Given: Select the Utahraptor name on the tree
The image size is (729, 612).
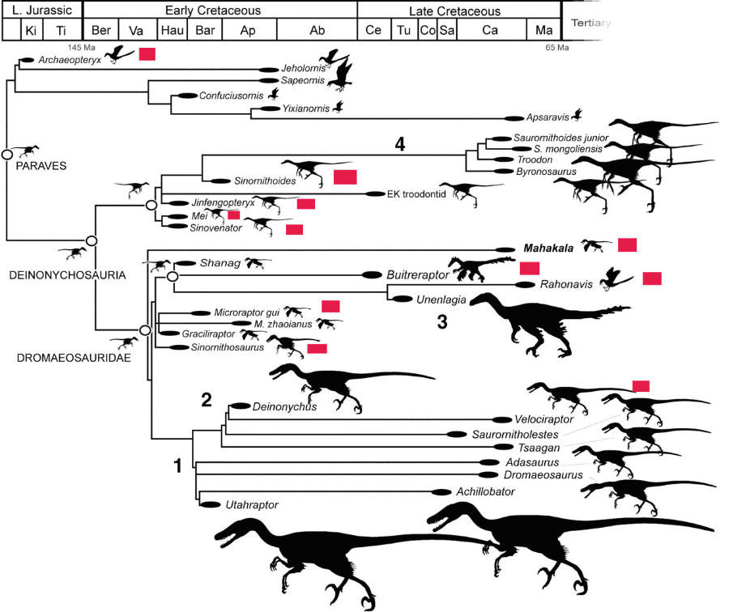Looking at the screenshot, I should click(x=253, y=504).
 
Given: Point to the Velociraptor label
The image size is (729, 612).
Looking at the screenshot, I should click(x=544, y=419).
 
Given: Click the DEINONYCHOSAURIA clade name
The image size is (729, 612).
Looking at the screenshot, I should click(x=69, y=275).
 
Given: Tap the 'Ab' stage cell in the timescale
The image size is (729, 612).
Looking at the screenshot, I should click(x=317, y=30).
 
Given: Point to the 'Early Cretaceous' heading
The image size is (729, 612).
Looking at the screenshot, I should click(x=220, y=11).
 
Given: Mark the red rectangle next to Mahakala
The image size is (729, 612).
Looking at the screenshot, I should click(x=628, y=244).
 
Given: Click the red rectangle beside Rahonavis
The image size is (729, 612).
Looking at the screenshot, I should click(x=653, y=278).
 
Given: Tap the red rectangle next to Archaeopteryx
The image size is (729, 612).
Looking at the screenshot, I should click(x=147, y=53).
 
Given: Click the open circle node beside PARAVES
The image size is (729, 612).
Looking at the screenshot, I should click(x=6, y=154).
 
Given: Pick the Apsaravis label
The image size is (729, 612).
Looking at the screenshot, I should click(x=548, y=117).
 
